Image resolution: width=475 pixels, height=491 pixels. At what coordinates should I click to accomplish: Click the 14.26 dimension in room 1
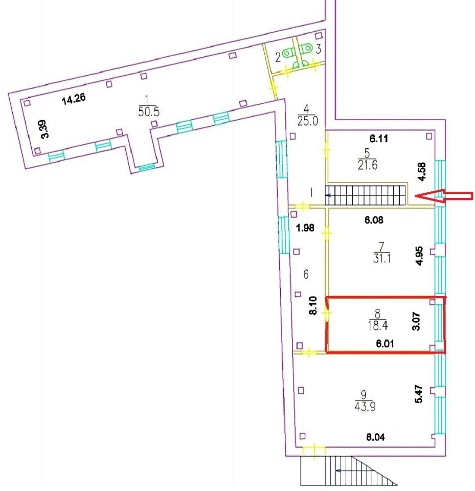click(74, 99)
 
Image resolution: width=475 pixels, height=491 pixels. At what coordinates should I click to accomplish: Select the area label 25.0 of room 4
click(308, 121)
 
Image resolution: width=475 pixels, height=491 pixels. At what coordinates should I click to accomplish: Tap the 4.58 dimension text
click(421, 172)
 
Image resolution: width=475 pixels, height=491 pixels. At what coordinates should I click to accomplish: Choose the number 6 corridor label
click(306, 275)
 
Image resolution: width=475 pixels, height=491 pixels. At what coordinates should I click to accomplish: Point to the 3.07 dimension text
click(416, 322)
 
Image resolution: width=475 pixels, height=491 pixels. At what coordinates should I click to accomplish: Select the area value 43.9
click(364, 406)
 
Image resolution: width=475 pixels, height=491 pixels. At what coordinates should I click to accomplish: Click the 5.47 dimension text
click(419, 393)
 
